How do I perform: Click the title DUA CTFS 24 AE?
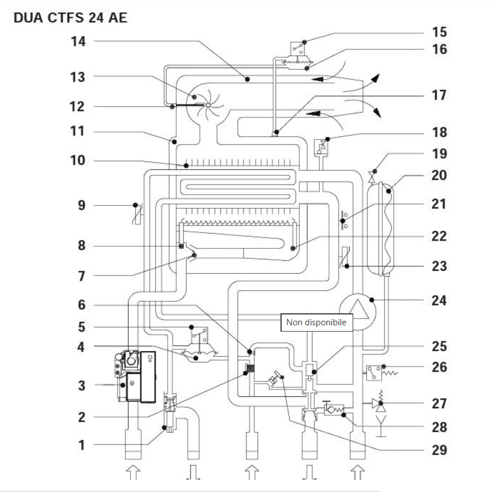pos(70,18)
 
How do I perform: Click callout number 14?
pos(78,41)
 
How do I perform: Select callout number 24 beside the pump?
pos(439,300)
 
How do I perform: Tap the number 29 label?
pos(439,450)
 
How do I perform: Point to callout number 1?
pos(82,445)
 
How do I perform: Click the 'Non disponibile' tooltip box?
pos(317,322)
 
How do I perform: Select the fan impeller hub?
pos(208,105)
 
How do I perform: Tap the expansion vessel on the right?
pos(381,229)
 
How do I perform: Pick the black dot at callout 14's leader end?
pos(247,80)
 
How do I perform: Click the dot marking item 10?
pos(186,166)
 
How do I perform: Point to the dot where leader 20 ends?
pos(389,191)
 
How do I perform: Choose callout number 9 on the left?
pos(82,206)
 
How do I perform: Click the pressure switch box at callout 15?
pos(298,49)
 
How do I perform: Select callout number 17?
pos(439,95)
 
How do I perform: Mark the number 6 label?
pos(82,305)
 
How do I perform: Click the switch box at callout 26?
pos(374,373)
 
